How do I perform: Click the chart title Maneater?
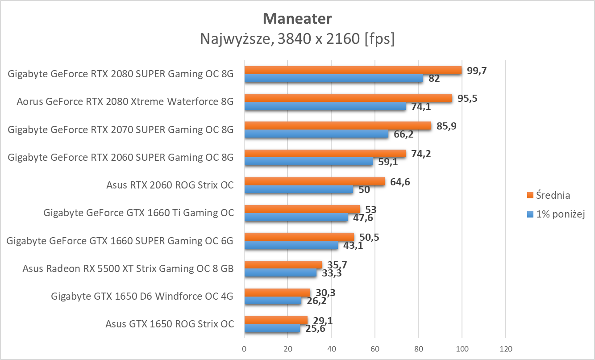[297, 19]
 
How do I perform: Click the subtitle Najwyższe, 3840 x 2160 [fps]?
[297, 39]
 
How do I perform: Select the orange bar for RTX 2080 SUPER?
[353, 70]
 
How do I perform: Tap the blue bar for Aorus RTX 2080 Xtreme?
[325, 106]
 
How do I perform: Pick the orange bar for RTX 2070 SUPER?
[337, 126]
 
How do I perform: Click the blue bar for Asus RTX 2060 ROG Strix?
[299, 190]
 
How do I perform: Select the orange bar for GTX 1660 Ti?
[302, 209]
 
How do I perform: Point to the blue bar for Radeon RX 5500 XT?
[280, 273]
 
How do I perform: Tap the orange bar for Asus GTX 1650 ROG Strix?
[276, 320]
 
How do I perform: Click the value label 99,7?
[477, 70]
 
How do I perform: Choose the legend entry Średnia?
[553, 195]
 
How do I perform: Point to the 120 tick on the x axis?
[505, 348]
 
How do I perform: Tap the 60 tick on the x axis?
[375, 348]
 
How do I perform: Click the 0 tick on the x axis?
[244, 348]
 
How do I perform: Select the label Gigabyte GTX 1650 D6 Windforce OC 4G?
[142, 296]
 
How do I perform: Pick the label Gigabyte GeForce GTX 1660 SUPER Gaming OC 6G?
[120, 241]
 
